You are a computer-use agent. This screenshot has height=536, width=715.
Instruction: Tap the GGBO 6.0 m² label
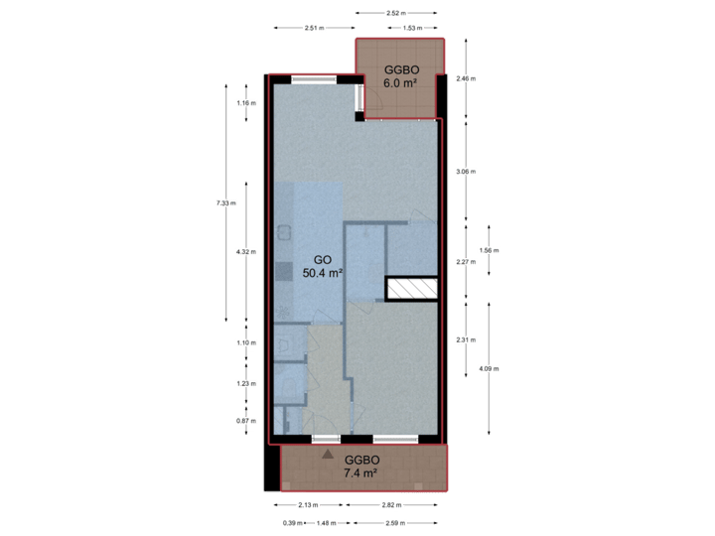[x=400, y=76]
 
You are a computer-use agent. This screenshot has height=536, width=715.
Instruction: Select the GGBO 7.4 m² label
[x=362, y=467]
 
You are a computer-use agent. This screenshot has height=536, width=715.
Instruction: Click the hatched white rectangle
[x=411, y=288]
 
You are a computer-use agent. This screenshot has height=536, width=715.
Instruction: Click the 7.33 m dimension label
[x=226, y=203]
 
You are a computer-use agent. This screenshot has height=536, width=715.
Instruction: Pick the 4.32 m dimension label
[x=246, y=252]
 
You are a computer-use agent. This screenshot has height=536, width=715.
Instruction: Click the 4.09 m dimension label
[x=489, y=368]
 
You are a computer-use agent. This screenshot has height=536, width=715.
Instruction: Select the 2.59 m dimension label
[x=396, y=522]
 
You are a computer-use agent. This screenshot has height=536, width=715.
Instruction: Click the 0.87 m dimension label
[x=246, y=421]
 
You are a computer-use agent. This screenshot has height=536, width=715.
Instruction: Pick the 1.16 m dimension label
[x=246, y=103]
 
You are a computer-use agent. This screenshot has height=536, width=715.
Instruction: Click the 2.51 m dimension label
[x=314, y=28]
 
